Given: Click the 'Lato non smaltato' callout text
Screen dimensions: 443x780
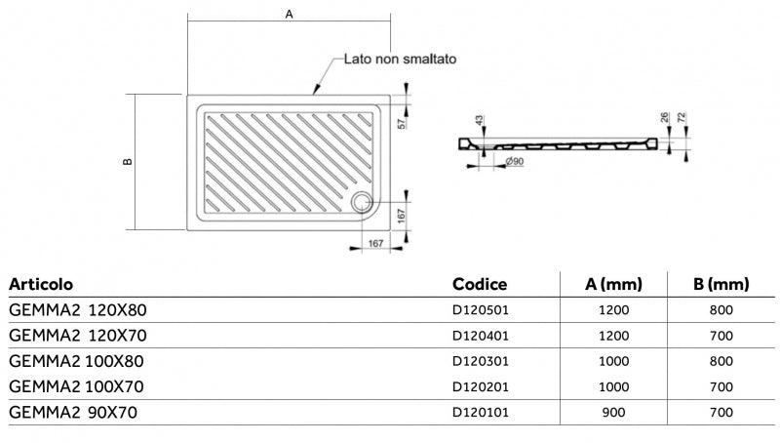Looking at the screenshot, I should coord(400,59).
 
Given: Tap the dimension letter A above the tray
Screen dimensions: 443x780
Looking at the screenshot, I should coord(289,15).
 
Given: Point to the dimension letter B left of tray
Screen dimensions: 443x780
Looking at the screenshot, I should coord(128,162).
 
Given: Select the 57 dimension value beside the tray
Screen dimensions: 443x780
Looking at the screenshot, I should coord(402,122).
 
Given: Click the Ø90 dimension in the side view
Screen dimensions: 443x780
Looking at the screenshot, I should coord(515,160).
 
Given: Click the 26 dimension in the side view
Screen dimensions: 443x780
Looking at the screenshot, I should coord(664,118).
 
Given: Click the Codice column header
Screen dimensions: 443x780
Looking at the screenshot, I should coord(480,284).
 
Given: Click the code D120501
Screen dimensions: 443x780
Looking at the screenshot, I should coord(482,310).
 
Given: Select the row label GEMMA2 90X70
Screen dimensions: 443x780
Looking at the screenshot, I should coord(73,412).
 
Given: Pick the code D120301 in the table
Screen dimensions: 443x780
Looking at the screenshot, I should coord(482,361).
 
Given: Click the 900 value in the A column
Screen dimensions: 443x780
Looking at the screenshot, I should coord(615,412).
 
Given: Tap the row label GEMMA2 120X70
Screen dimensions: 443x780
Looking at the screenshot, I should coord(78,336).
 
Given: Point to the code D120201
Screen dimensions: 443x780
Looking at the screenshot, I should coord(482,386).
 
